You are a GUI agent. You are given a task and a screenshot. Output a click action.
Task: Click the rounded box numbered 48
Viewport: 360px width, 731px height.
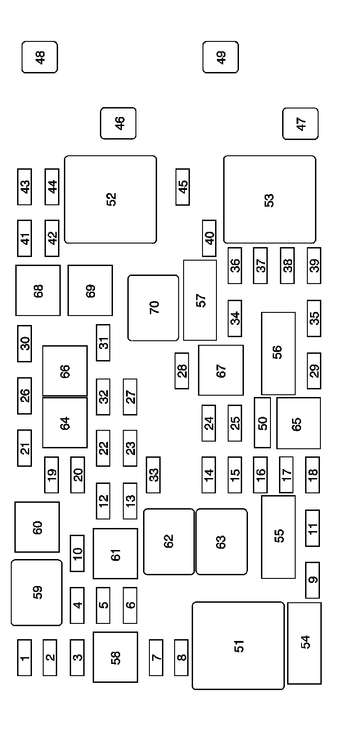(40, 57)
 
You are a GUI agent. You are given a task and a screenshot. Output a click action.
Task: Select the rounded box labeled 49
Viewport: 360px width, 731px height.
(220, 57)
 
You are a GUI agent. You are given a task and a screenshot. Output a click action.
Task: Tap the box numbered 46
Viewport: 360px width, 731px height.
(118, 123)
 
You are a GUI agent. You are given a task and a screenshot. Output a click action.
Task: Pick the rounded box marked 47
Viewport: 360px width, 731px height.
(301, 123)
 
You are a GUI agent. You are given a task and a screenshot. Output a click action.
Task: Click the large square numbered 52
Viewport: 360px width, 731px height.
(111, 199)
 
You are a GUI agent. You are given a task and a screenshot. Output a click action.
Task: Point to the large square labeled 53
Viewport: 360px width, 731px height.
(270, 199)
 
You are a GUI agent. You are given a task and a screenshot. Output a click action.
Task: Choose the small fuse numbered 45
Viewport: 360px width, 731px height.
(183, 187)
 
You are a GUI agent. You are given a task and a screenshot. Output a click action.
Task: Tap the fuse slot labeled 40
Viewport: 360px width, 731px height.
(209, 238)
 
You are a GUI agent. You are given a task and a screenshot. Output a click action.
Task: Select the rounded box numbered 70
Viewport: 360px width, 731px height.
(153, 308)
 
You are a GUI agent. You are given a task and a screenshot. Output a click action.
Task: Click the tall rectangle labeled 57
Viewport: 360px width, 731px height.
(200, 300)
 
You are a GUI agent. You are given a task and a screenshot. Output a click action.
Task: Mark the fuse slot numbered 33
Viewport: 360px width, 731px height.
(153, 474)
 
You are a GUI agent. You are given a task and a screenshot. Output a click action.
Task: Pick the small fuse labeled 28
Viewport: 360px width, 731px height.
(182, 370)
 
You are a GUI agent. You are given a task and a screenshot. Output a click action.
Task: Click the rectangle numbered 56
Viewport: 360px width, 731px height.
(279, 353)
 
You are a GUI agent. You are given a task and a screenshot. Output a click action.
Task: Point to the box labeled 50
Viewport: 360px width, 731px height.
(262, 423)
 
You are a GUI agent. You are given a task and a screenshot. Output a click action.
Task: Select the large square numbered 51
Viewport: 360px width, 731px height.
(238, 645)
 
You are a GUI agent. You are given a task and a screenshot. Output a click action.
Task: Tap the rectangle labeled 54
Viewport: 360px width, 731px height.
(305, 643)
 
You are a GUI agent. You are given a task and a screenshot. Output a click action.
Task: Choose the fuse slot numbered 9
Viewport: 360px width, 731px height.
(312, 580)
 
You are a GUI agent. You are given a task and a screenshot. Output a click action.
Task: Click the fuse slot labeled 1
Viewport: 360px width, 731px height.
(25, 658)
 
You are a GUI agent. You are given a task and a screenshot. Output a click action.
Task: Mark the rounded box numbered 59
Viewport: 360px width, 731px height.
(36, 592)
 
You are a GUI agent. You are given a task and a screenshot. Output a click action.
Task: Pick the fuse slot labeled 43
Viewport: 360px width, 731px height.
(25, 187)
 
